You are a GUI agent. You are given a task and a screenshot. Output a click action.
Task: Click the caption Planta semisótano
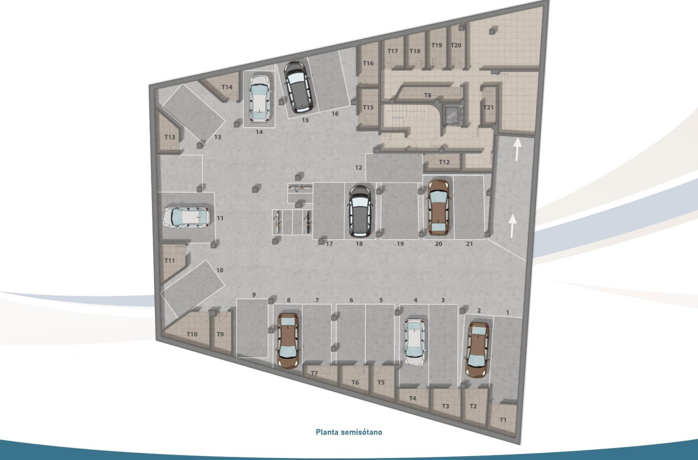tap(349, 432)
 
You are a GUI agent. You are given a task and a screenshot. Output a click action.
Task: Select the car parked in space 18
tap(360, 212)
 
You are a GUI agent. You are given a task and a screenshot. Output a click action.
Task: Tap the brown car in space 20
tap(438, 207)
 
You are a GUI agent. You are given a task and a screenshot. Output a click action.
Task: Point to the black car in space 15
tap(298, 87)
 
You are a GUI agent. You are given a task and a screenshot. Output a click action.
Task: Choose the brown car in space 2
tap(478, 350)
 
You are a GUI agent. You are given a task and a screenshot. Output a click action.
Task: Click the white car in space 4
tap(414, 343)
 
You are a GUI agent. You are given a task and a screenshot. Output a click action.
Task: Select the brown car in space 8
tap(287, 341)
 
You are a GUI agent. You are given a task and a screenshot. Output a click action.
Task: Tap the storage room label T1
tap(503, 419)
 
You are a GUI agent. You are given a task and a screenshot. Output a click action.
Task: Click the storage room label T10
tap(192, 334)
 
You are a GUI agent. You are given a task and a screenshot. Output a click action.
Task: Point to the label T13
tap(170, 137)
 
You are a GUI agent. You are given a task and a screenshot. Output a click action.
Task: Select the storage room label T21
tap(489, 107)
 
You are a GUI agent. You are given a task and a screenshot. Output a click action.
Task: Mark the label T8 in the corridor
tap(427, 95)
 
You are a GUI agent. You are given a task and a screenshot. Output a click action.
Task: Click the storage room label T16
tap(368, 63)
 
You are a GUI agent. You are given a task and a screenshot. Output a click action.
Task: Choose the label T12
tap(444, 162)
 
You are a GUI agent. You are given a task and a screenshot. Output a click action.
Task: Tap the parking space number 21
tap(469, 244)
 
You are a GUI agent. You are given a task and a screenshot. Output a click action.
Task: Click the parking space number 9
tap(254, 294)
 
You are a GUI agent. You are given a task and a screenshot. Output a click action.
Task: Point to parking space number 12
tap(358, 168)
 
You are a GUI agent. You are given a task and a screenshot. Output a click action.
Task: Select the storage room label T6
tap(355, 383)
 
